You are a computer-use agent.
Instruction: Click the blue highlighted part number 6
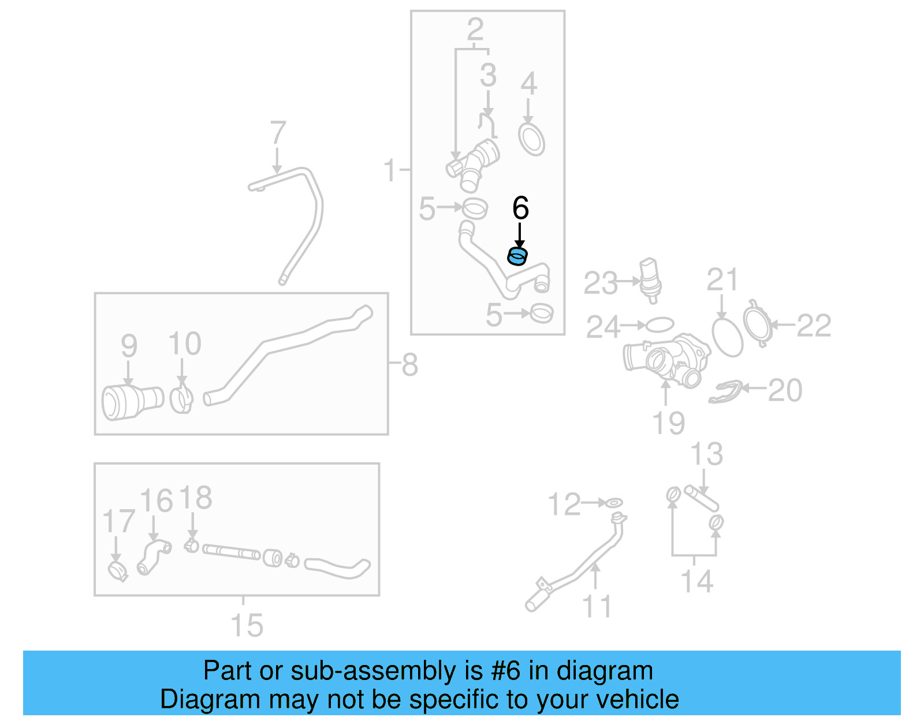(x=517, y=256)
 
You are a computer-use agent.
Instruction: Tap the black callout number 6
(x=520, y=208)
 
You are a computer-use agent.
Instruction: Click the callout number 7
(x=278, y=133)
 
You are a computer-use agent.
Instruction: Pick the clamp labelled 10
(x=182, y=399)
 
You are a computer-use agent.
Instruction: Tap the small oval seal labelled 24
(x=660, y=325)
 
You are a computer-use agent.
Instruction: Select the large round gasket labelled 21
(x=727, y=338)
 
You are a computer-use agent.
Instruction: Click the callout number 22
(x=814, y=326)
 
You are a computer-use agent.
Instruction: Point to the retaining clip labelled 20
(x=725, y=392)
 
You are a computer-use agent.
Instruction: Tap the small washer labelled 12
(x=613, y=503)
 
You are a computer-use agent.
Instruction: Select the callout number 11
(x=597, y=606)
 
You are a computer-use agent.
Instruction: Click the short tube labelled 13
(x=701, y=498)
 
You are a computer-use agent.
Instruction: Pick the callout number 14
(x=696, y=581)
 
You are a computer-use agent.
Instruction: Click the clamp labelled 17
(x=118, y=571)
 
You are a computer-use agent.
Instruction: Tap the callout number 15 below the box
(x=247, y=625)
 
